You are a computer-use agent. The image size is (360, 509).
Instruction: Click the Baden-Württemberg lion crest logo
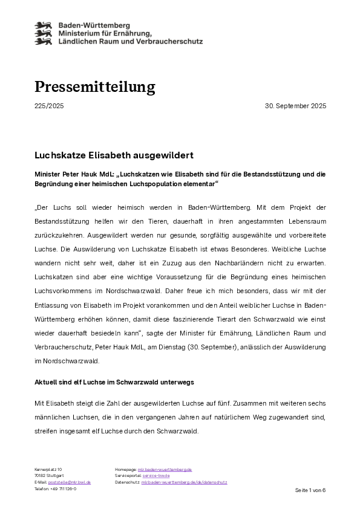pos(44,33)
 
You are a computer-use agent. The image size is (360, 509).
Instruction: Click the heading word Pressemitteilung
pos(95,87)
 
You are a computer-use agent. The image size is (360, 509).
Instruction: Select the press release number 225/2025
pos(49,106)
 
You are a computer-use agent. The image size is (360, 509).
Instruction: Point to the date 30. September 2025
pos(295,106)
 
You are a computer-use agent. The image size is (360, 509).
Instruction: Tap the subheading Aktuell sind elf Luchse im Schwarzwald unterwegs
pos(114,383)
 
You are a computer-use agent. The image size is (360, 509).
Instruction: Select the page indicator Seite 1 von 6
pos(310,490)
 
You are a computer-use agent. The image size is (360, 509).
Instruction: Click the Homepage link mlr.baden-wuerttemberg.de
pos(165,469)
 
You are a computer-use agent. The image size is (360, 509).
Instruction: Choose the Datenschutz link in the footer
pos(185,482)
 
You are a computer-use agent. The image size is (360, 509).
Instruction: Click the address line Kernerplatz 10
pos(48,469)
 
